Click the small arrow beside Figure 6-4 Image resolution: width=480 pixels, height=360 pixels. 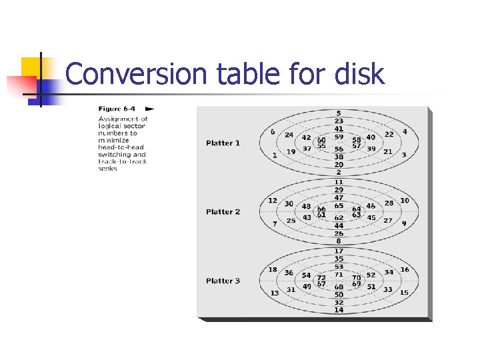coord(150,109)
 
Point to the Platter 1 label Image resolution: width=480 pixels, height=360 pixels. coord(223,143)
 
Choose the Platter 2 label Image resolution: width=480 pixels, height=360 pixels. coord(223,212)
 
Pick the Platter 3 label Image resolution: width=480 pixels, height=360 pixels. coord(223,281)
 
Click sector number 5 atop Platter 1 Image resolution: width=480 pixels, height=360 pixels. coord(339,113)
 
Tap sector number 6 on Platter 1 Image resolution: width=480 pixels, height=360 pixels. coord(273,132)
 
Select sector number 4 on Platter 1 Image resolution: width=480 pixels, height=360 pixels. coord(405,132)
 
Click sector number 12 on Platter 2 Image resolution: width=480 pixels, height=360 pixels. coord(273,201)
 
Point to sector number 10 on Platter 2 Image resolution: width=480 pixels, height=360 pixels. coord(405,201)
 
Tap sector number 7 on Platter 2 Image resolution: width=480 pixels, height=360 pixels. coord(275,224)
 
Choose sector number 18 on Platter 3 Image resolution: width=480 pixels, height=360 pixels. coord(273,269)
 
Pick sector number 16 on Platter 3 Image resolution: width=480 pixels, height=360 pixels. coord(405,269)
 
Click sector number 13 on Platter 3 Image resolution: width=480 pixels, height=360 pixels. coord(275,293)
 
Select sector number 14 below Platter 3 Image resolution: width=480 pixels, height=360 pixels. coord(339,310)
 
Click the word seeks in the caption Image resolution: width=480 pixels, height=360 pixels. coord(107,169)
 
